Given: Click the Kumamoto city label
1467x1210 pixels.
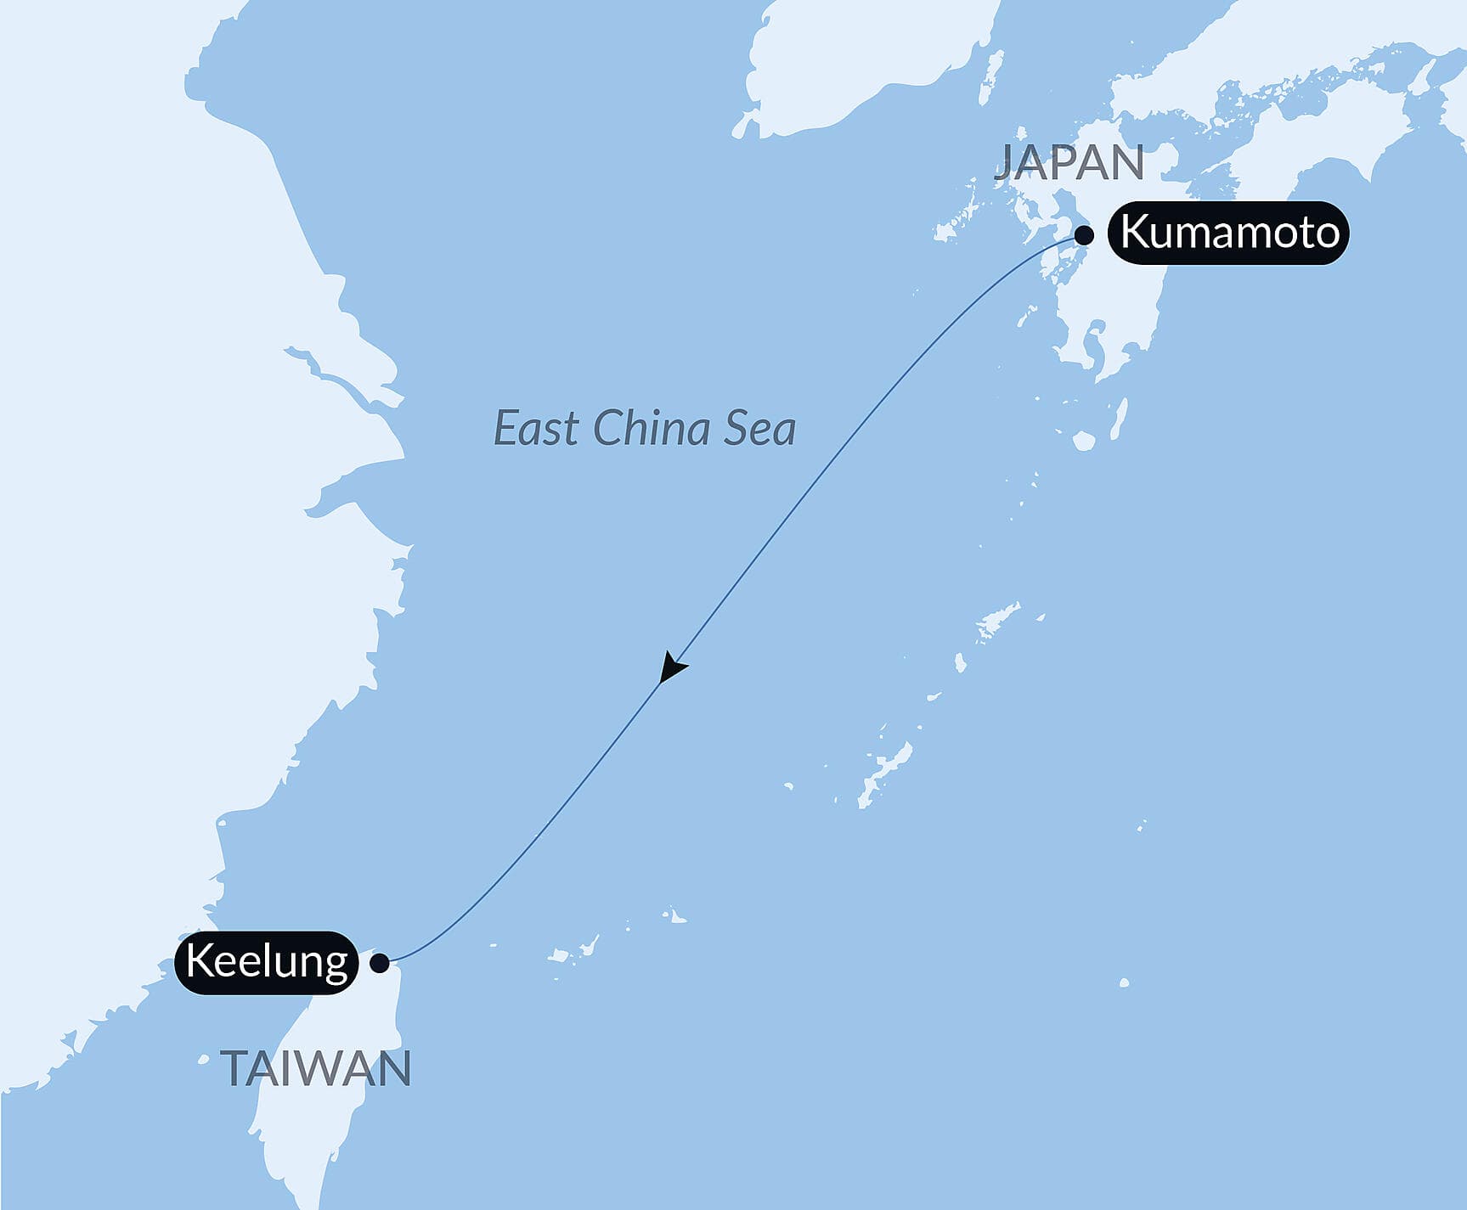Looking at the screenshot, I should (x=1228, y=233).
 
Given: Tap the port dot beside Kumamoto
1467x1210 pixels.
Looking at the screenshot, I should (x=1084, y=236).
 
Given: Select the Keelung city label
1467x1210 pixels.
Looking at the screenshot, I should (x=266, y=962).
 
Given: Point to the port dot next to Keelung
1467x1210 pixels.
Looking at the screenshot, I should (x=380, y=963).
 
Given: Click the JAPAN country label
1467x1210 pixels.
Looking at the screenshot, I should (x=1069, y=162).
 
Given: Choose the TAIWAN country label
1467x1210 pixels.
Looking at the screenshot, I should (x=316, y=1068).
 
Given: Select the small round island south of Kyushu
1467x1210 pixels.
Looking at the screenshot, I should (x=1084, y=441).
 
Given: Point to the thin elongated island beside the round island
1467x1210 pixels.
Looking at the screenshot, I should (x=1119, y=417).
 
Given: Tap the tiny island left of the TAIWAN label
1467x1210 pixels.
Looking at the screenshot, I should (x=203, y=1059).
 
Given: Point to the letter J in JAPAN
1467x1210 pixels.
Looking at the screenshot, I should (x=1006, y=163).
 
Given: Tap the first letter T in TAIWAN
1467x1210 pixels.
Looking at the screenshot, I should (x=234, y=1068).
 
